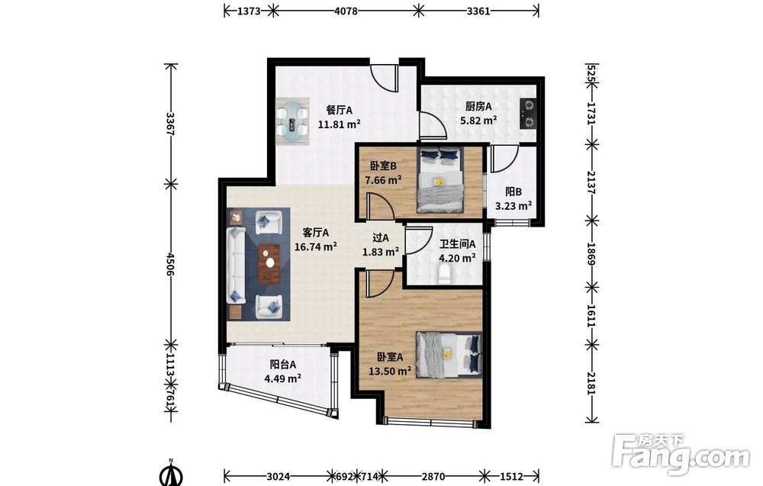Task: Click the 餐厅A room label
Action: point(340,109)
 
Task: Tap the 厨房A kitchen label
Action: point(478,106)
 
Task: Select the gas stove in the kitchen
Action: point(527,113)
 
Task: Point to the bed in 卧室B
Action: point(440,180)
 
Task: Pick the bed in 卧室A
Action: point(449,355)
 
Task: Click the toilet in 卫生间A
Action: point(446,274)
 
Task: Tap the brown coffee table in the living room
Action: point(269,263)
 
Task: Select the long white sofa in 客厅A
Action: point(236,266)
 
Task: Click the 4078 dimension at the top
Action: point(346,11)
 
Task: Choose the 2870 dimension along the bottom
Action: point(433,476)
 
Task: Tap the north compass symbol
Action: point(171,473)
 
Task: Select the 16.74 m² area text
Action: point(316,246)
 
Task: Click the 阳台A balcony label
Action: point(283,364)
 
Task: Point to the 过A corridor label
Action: point(381,238)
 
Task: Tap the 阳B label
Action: point(513,192)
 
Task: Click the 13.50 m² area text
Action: point(390,372)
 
